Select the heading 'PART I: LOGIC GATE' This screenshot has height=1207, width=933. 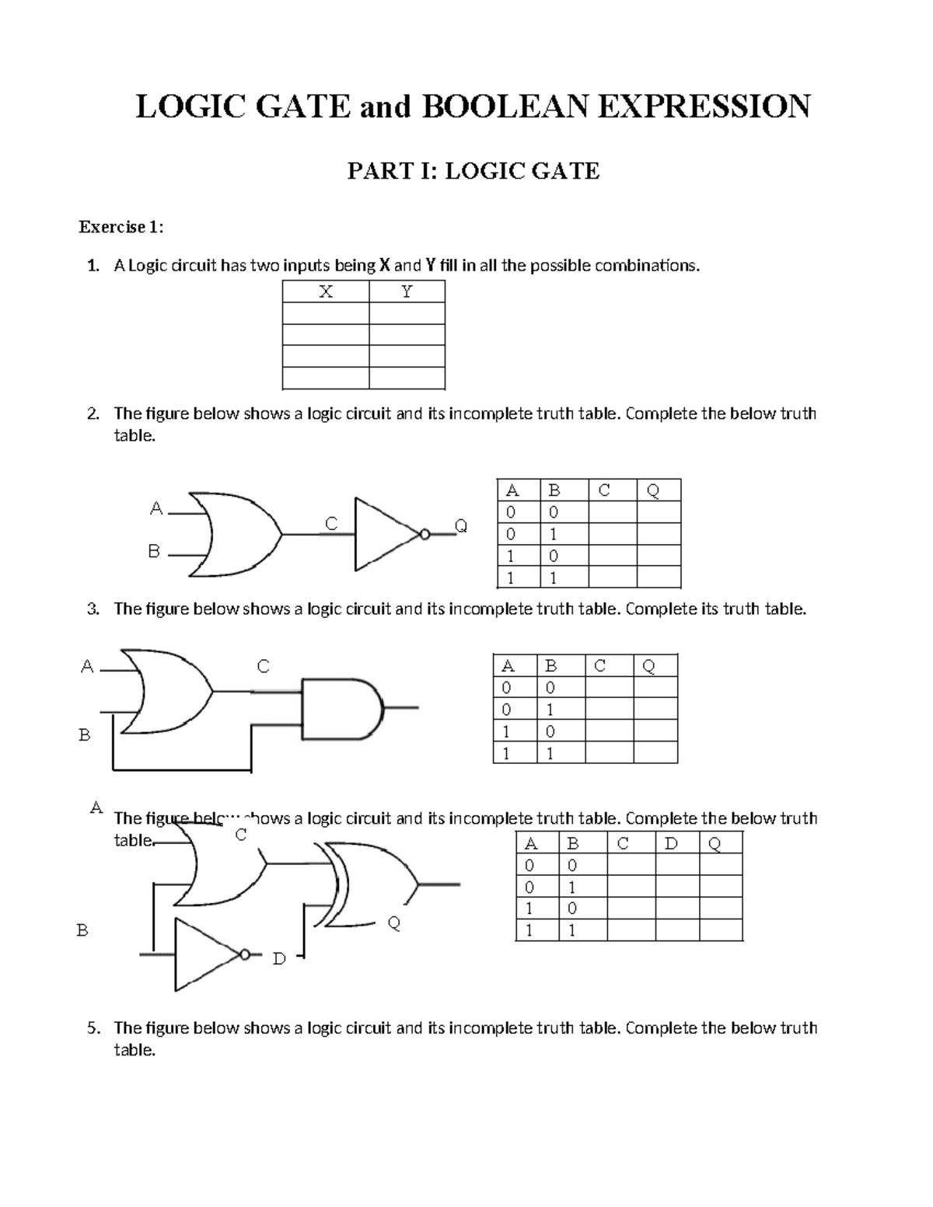473,171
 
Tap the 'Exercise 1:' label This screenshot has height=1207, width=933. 121,227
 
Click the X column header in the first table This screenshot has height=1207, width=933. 326,292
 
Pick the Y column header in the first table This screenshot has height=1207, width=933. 407,292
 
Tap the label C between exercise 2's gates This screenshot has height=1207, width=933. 331,524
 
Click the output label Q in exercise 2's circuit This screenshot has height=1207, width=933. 461,526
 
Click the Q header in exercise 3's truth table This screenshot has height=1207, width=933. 649,666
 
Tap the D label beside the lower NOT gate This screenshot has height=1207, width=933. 279,959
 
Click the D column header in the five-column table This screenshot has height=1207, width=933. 672,843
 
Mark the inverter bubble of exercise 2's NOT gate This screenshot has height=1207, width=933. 425,534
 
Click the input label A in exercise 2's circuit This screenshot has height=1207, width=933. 156,508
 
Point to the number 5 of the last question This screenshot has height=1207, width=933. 93,1028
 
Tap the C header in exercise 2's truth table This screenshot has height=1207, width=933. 604,490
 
